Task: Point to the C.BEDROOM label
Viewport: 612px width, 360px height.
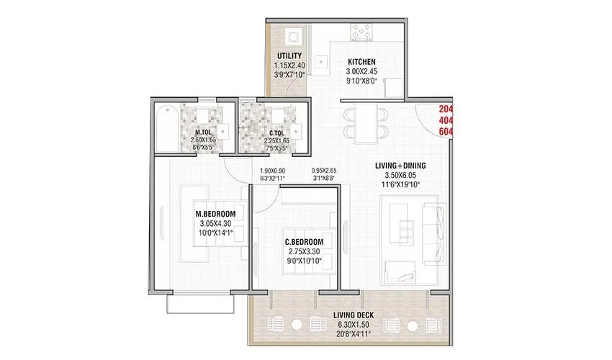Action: [x=304, y=241]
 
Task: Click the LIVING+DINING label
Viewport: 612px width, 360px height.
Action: [x=400, y=166]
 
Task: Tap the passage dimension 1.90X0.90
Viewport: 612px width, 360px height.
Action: [x=272, y=171]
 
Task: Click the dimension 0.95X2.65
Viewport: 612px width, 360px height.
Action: [x=324, y=171]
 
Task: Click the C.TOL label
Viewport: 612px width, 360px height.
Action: [x=275, y=132]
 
